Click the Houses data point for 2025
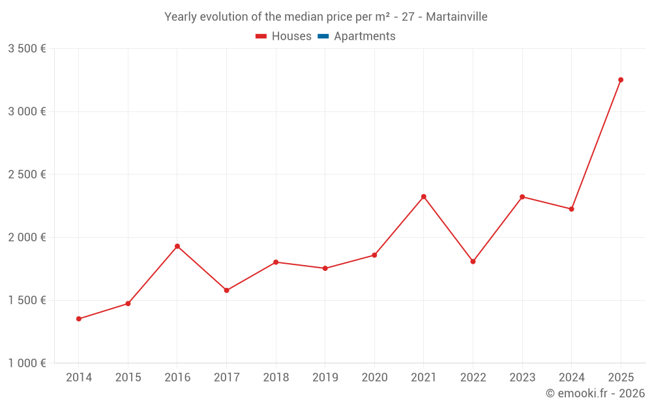click(x=621, y=80)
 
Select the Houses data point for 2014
click(x=79, y=319)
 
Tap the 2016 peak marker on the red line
click(x=177, y=246)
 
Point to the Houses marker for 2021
click(x=424, y=197)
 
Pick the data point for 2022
click(x=473, y=262)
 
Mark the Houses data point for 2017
click(x=226, y=290)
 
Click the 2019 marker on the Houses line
click(x=325, y=268)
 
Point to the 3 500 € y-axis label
click(x=27, y=49)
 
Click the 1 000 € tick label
click(x=27, y=363)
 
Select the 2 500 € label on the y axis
click(x=27, y=175)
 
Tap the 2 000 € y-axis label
click(x=27, y=238)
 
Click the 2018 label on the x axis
click(x=276, y=378)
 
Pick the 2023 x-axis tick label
click(x=522, y=378)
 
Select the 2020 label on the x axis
click(x=374, y=378)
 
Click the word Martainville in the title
click(x=456, y=17)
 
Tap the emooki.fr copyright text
click(x=595, y=393)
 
